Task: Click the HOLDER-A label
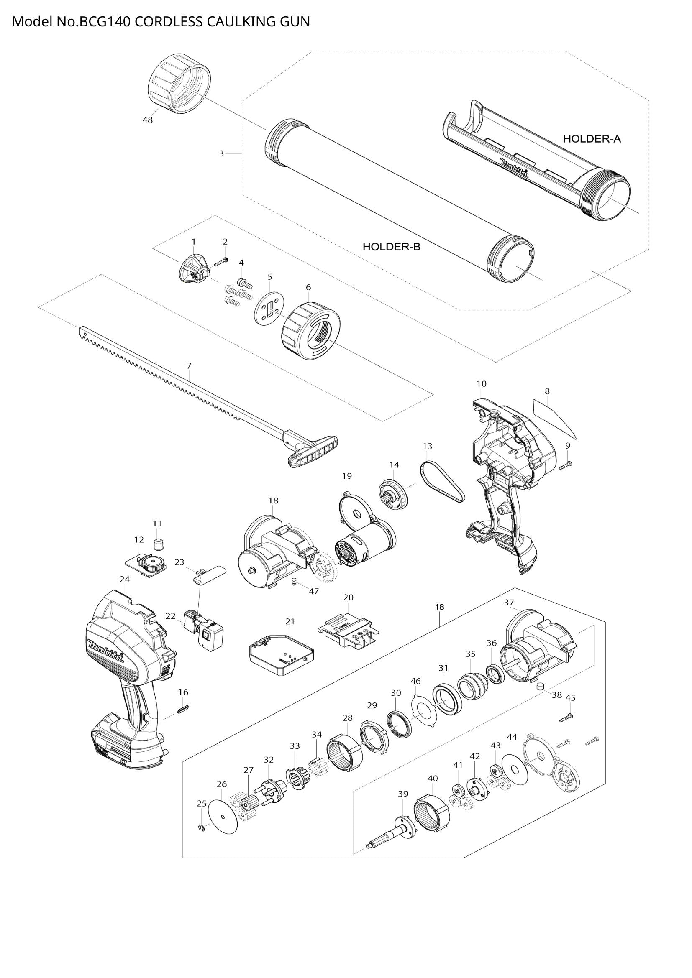coord(592,139)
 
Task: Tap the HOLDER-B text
coord(391,247)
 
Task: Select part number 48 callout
coord(147,120)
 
